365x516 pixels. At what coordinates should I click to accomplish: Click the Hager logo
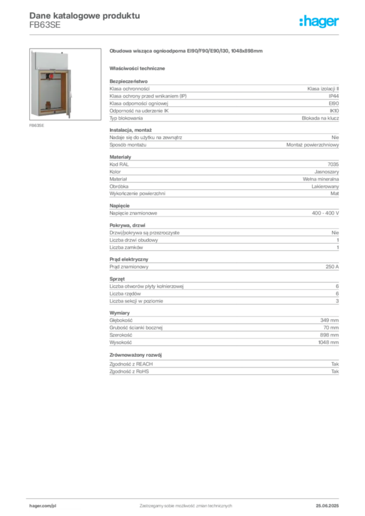click(x=319, y=21)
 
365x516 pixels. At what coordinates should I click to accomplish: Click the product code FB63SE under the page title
click(x=45, y=25)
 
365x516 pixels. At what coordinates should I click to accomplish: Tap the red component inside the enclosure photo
click(x=51, y=76)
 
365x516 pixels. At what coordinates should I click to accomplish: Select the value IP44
click(x=334, y=96)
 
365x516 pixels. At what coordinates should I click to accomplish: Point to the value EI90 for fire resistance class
click(x=334, y=103)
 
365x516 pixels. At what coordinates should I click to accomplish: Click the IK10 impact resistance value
click(x=334, y=111)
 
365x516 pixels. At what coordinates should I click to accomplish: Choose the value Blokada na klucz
click(x=320, y=118)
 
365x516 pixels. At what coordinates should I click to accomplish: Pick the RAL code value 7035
click(x=333, y=164)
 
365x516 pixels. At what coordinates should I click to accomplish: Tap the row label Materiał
click(x=118, y=179)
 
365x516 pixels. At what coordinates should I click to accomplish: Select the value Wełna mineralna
click(x=321, y=179)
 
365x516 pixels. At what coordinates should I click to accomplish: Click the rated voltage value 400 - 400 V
click(x=326, y=213)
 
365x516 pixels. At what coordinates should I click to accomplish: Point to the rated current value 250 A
click(x=332, y=267)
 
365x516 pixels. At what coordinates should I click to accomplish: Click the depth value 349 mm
click(x=329, y=320)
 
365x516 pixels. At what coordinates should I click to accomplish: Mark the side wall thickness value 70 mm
click(x=331, y=328)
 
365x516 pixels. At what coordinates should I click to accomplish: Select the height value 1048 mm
click(x=329, y=342)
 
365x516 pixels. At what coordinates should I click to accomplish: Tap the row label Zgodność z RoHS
click(x=130, y=371)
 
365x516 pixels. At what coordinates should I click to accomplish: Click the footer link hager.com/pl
click(x=43, y=506)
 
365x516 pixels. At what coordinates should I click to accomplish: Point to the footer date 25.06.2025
click(x=327, y=506)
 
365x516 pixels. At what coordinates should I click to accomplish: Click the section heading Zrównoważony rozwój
click(x=136, y=355)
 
